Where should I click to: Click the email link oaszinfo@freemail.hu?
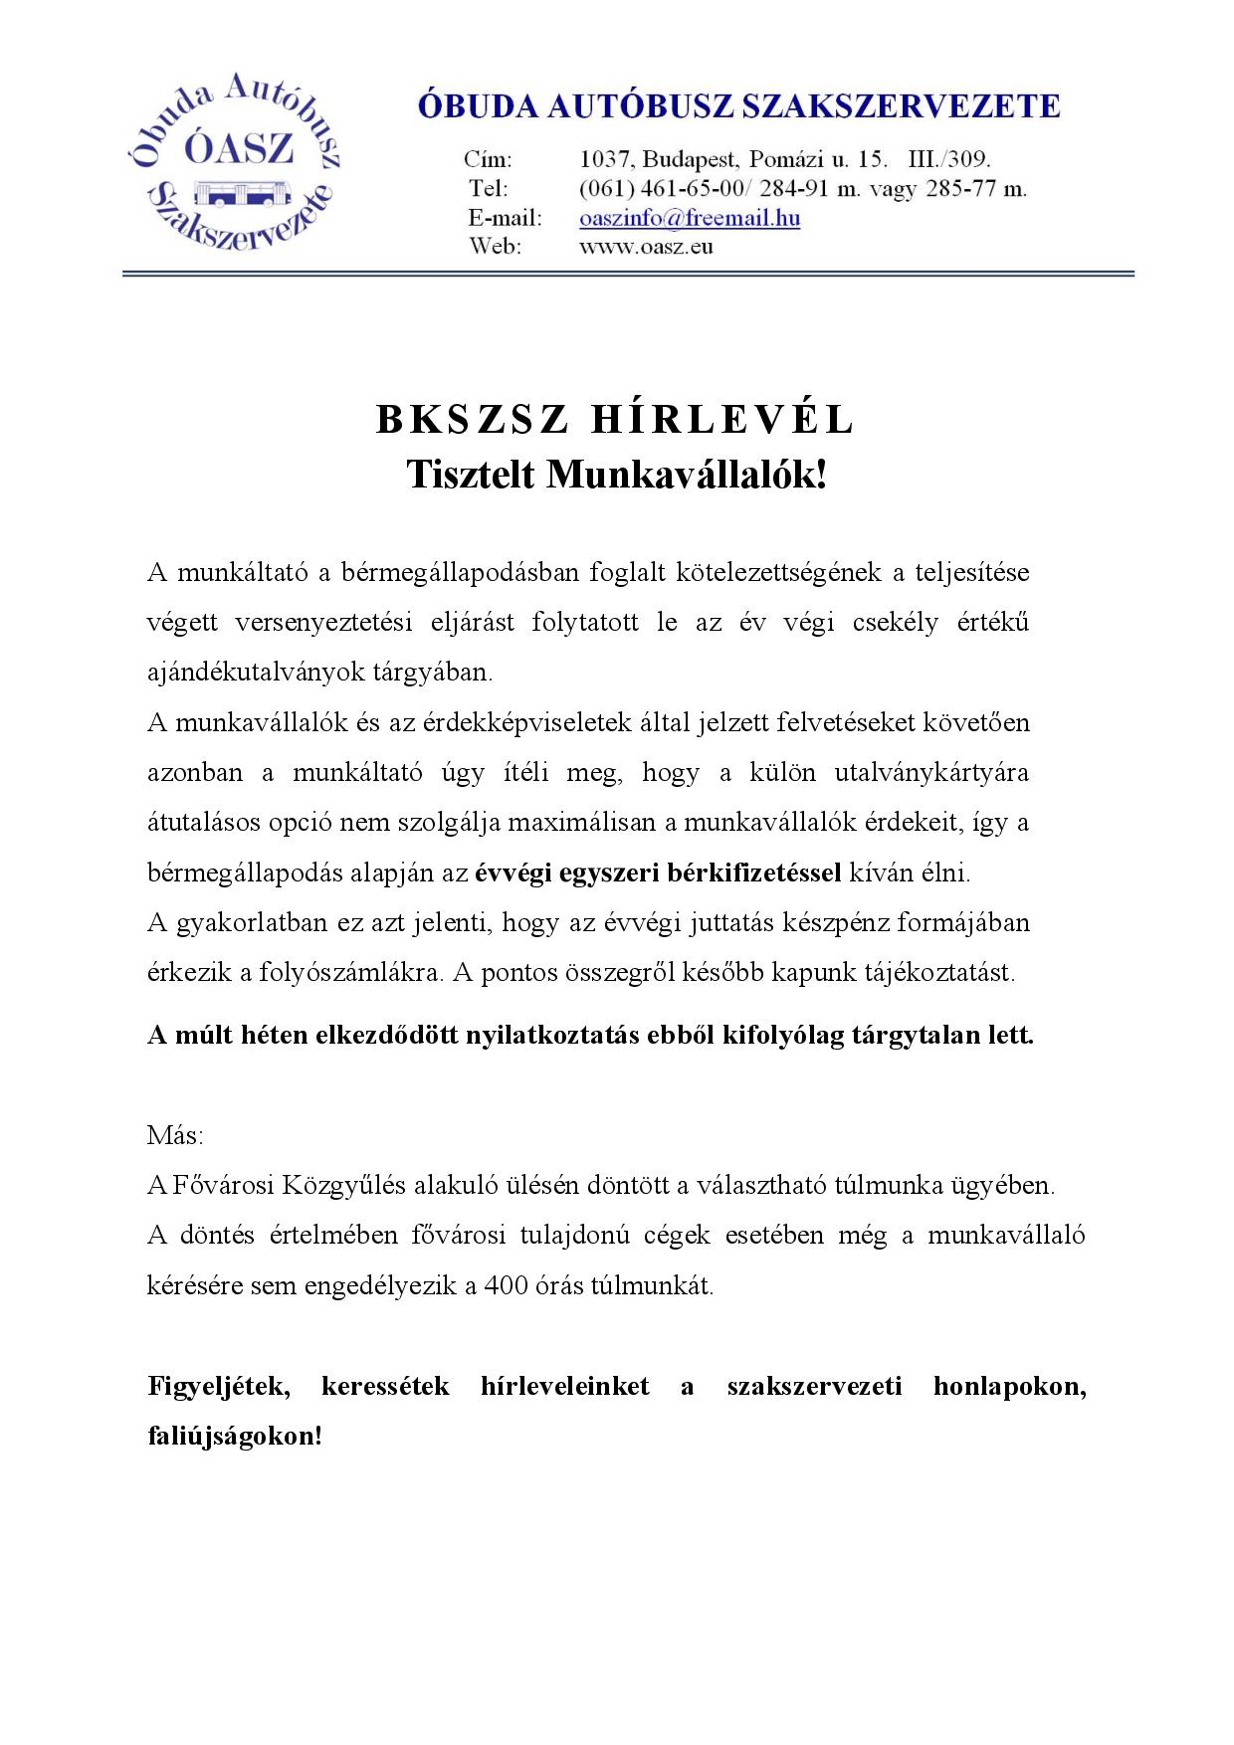690,218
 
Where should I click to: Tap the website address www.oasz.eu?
646,247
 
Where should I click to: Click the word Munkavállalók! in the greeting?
687,476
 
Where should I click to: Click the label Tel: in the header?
489,189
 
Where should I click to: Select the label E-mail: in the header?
506,218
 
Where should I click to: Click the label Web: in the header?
495,247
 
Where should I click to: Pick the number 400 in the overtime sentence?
507,1285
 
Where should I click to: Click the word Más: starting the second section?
175,1135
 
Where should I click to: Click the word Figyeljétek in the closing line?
219,1386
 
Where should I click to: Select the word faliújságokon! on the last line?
235,1437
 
